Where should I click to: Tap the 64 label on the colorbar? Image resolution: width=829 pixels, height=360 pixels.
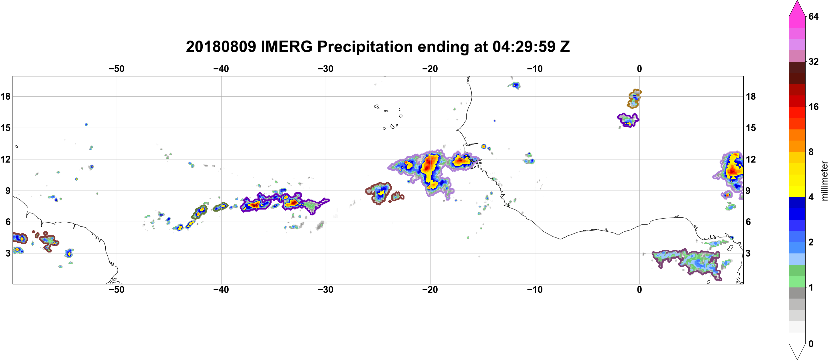(813, 16)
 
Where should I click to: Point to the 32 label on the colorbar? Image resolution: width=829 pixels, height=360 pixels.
(813, 61)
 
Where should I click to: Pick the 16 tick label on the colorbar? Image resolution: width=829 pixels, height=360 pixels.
(813, 107)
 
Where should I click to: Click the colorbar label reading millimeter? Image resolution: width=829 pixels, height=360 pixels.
(824, 181)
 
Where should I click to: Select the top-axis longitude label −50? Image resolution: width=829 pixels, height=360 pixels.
(116, 69)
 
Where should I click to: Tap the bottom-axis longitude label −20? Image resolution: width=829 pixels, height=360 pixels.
(430, 289)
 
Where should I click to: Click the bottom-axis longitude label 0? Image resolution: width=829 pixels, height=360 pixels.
(639, 289)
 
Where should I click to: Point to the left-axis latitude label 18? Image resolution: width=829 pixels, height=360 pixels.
(5, 96)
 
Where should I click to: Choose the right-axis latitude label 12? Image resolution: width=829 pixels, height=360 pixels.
(751, 159)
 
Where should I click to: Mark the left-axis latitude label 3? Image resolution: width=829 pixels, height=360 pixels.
(8, 253)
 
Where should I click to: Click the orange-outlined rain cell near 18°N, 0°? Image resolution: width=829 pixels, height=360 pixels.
(634, 99)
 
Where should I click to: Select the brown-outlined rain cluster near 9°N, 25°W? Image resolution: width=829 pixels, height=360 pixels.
(380, 193)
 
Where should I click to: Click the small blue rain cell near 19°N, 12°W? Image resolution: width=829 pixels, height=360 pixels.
(515, 86)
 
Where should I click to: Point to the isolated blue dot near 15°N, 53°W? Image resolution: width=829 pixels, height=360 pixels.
(86, 124)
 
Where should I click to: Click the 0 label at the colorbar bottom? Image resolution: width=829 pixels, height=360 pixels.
(811, 344)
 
